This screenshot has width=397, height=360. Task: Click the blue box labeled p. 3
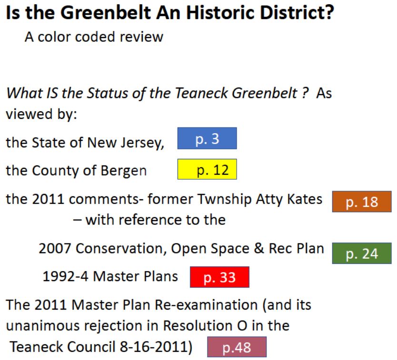pos(207,138)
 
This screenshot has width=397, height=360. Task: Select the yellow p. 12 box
pos(207,169)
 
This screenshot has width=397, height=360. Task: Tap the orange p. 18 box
pos(362,202)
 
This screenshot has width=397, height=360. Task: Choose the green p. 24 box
pos(362,253)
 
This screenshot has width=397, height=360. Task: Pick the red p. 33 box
pos(219,277)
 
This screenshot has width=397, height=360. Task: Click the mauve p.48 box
pos(237,347)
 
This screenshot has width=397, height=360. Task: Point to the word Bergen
pos(124,171)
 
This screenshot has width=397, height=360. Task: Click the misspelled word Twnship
pos(226,200)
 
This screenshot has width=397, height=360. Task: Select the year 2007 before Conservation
pos(55,248)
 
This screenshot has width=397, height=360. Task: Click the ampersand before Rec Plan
pos(259,248)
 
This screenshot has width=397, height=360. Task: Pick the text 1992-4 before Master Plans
pos(66,276)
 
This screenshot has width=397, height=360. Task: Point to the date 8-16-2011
pos(154,347)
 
